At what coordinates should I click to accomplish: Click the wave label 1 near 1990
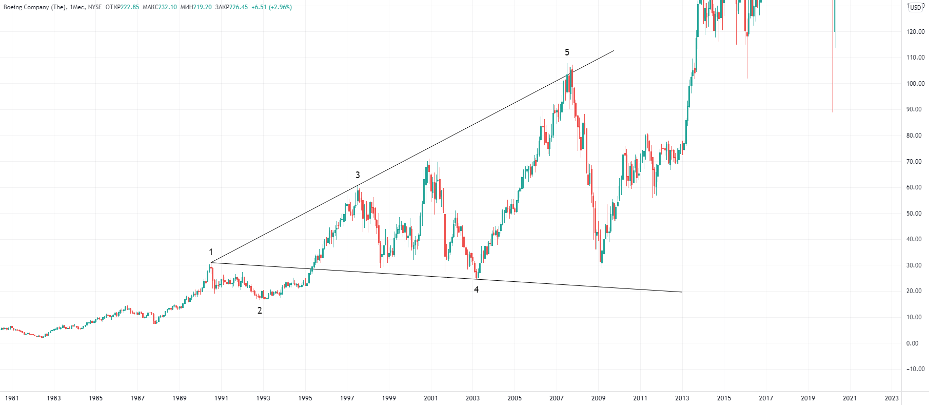point(211,252)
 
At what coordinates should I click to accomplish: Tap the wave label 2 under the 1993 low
point(260,311)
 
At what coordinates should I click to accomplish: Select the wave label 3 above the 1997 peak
point(358,175)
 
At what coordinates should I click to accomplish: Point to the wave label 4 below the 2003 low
point(476,290)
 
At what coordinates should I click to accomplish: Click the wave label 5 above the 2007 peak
point(567,52)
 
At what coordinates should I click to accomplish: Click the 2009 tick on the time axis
point(598,398)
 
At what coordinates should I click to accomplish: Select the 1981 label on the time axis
point(12,398)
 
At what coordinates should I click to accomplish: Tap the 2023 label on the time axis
point(892,398)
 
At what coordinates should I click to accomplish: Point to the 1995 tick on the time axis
point(305,398)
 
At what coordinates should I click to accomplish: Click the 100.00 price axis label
point(916,83)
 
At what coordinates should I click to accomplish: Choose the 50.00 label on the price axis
point(916,213)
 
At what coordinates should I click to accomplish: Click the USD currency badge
point(916,7)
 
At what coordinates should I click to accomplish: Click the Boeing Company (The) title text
point(34,7)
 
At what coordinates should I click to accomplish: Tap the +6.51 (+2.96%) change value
point(271,7)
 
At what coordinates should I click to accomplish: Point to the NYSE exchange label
point(95,7)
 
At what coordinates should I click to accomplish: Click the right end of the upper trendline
point(614,50)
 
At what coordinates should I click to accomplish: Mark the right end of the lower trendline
point(682,292)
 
